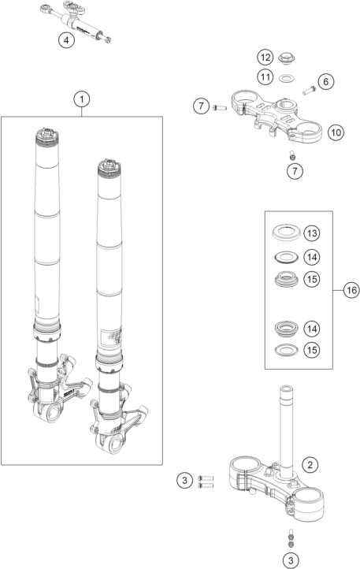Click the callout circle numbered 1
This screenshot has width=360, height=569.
tap(82, 99)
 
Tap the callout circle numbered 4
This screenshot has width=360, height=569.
tap(66, 40)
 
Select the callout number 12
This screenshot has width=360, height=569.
tap(265, 58)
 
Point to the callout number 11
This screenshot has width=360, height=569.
tap(265, 77)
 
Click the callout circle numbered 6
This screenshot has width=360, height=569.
tap(325, 82)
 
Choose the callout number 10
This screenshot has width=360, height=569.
tap(336, 132)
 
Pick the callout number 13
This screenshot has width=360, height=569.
tap(312, 233)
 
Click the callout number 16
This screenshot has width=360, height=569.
tap(351, 290)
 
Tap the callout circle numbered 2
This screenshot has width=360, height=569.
tap(310, 465)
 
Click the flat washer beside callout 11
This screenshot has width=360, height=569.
tap(287, 78)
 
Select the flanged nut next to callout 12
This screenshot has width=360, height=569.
tap(288, 59)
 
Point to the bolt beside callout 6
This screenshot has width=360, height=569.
tap(309, 90)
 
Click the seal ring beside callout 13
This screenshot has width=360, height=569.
tap(286, 232)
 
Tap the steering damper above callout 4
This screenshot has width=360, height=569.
tap(76, 22)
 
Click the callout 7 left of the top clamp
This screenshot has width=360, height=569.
tap(201, 106)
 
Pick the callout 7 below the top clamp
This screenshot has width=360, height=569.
tap(295, 171)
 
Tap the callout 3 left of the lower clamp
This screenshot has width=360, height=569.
tap(184, 481)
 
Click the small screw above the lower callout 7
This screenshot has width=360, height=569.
tap(292, 156)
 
